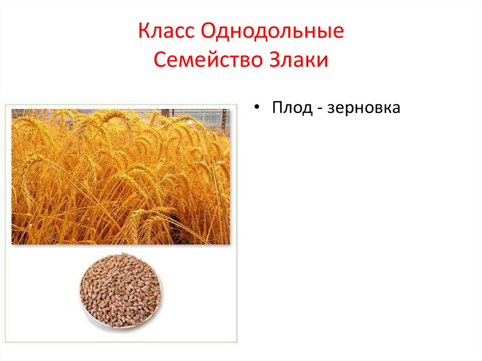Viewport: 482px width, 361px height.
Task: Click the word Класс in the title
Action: pos(166,31)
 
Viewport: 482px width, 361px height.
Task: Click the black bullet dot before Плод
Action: pos(257,107)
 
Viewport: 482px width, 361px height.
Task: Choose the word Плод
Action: pos(292,108)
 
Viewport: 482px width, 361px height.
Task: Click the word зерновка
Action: pos(364,108)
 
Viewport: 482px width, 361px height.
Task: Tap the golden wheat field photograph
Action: pos(120,176)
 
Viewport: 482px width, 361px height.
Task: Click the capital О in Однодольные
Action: pos(209,31)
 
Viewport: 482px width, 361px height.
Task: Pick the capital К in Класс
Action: pos(144,31)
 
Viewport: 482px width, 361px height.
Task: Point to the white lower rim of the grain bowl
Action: pos(120,326)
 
